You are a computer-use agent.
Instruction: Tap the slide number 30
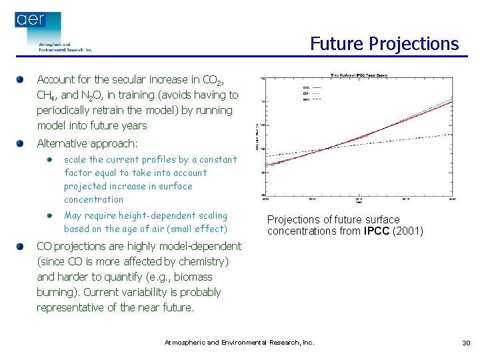465,343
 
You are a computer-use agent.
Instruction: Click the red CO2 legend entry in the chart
312,87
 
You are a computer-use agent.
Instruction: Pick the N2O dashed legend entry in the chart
312,99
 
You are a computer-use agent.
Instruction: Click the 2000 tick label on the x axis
266,199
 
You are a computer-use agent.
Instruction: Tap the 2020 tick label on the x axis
453,199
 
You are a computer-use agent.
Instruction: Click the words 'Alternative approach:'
87,143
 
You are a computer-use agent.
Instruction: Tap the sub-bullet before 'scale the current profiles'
50,160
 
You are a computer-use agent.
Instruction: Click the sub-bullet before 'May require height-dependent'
50,216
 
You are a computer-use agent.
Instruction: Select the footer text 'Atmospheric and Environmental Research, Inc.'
239,343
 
